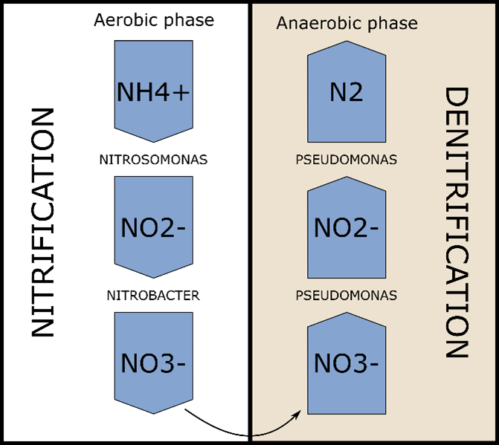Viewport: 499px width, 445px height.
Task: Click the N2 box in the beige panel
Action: (347, 92)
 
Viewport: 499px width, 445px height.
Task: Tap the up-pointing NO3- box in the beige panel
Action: (347, 364)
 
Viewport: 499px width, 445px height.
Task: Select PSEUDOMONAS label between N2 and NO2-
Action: (347, 160)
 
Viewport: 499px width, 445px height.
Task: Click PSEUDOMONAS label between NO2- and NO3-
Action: (347, 296)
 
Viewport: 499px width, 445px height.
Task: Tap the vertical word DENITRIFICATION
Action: (455, 223)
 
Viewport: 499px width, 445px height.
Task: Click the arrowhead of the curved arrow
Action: (301, 412)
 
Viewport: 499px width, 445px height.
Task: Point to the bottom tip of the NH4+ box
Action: (153, 140)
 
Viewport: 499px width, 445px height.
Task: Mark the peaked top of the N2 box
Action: (347, 43)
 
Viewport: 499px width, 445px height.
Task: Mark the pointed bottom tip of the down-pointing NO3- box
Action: (153, 412)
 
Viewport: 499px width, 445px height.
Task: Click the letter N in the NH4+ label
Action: (126, 92)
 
